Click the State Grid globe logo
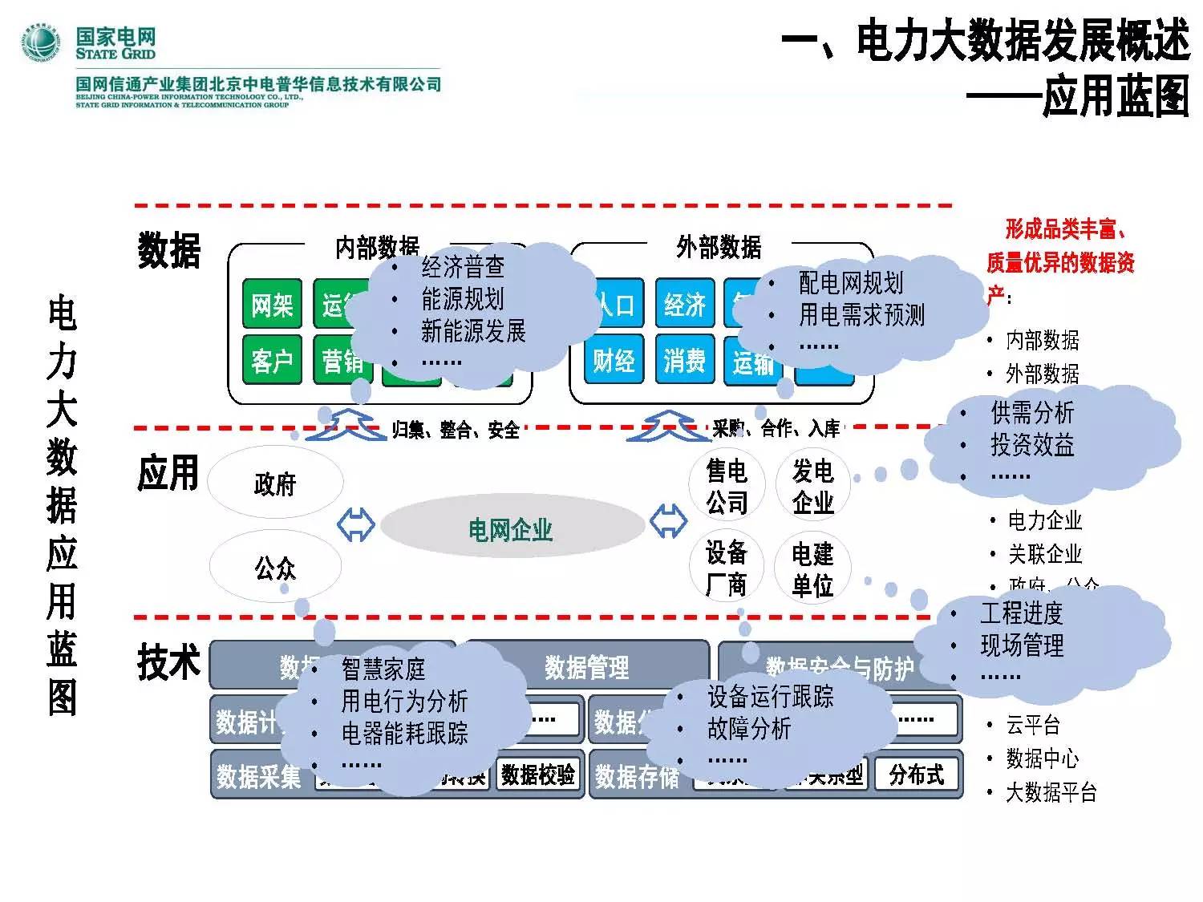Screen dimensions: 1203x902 41,42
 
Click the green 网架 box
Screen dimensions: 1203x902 272,305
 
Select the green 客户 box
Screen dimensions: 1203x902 272,362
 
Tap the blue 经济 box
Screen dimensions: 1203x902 684,305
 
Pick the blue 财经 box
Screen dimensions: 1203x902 614,362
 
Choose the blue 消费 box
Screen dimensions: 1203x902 684,362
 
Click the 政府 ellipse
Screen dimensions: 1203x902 275,483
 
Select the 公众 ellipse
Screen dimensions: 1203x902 275,568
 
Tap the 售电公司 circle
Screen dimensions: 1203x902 727,486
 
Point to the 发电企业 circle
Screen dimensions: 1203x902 812,486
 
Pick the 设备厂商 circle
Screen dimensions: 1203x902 727,568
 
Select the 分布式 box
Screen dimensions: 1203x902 917,774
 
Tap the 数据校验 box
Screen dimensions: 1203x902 537,774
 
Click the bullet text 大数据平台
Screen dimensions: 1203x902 1051,793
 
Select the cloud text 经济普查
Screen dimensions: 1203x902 463,267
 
